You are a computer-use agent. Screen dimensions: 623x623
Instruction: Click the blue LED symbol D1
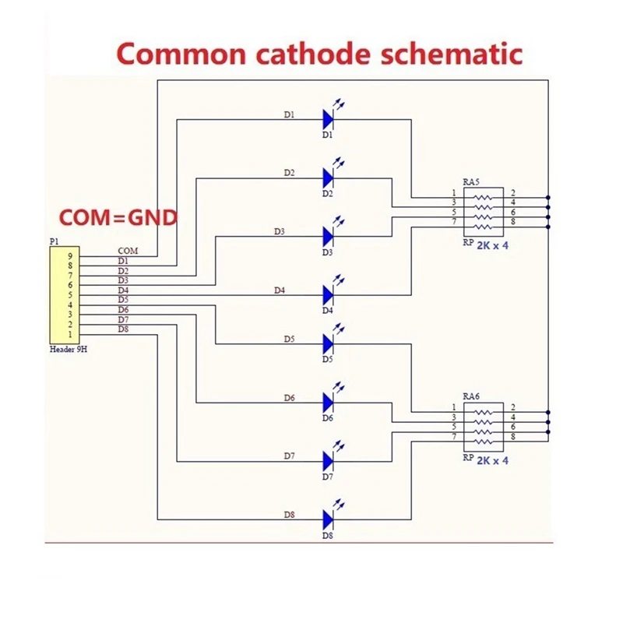click(329, 119)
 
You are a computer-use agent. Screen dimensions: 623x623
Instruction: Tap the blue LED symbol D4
click(329, 294)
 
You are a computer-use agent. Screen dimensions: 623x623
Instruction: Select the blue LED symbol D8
click(329, 519)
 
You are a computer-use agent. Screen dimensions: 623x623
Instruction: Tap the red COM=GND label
click(118, 216)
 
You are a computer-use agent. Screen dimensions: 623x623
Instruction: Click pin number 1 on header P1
click(70, 334)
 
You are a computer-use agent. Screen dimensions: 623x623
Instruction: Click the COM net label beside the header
click(128, 251)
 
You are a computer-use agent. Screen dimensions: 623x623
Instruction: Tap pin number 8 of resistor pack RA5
click(512, 224)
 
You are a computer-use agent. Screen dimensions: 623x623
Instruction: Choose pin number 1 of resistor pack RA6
click(452, 408)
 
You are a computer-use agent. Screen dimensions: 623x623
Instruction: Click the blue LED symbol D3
click(329, 236)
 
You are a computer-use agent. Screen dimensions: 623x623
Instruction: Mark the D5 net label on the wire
click(289, 339)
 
